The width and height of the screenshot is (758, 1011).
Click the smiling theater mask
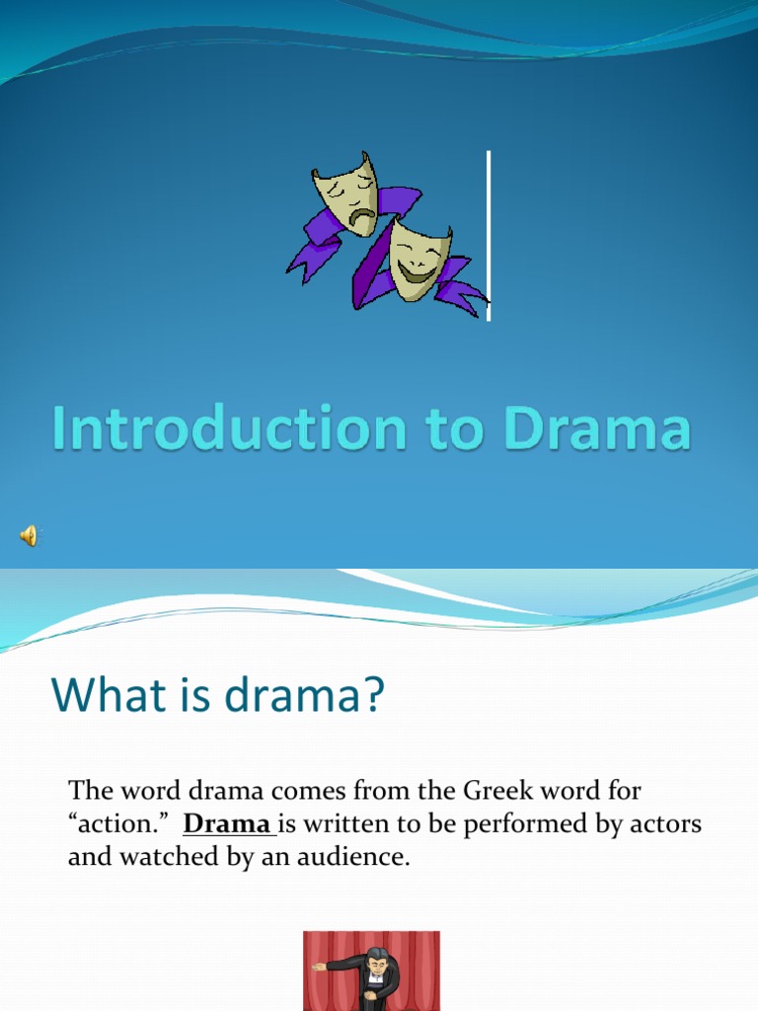[419, 257]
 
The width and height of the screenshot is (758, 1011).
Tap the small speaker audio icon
[28, 535]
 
